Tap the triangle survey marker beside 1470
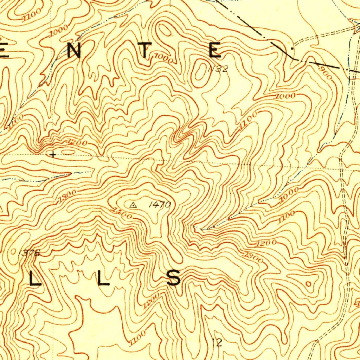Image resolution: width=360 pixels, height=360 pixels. [133, 205]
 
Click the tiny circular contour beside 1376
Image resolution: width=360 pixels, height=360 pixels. [14, 251]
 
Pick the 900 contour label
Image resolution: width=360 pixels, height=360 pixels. [326, 73]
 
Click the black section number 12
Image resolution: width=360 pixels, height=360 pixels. [217, 342]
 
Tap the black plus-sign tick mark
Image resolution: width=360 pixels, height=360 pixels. [53, 154]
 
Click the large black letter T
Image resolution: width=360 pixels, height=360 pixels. [144, 50]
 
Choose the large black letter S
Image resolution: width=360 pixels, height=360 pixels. [174, 278]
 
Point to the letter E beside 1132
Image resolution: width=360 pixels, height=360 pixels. [215, 50]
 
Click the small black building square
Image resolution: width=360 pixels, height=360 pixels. [291, 46]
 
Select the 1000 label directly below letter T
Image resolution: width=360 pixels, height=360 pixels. [163, 58]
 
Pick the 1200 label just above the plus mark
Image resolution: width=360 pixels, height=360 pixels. [77, 142]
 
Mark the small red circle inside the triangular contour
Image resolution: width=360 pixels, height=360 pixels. [309, 284]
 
